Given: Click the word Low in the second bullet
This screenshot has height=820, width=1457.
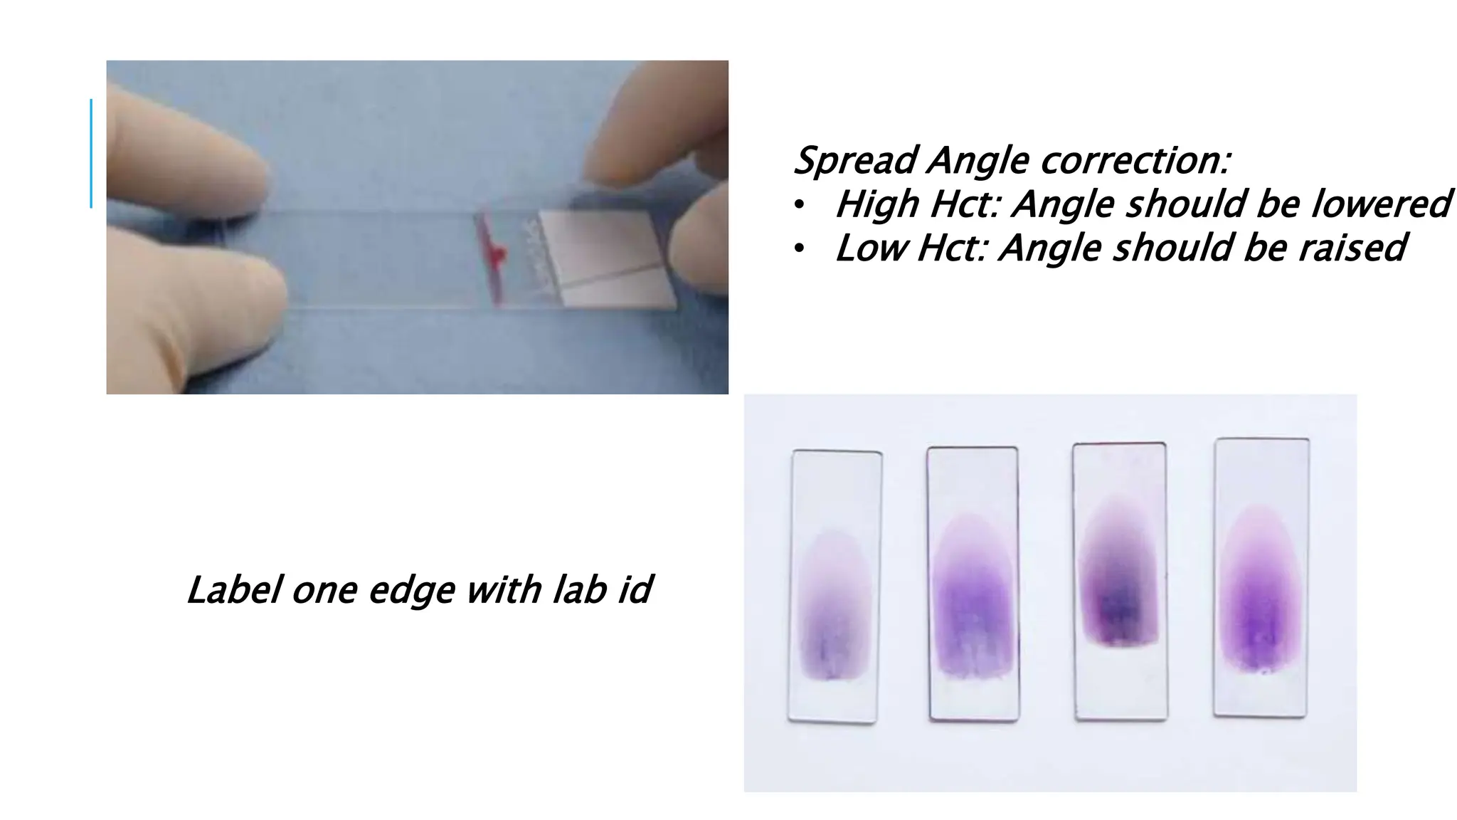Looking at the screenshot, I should [870, 248].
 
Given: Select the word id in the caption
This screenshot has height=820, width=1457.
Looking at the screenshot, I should [634, 590].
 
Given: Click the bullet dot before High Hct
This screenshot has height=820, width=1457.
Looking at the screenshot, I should [799, 206].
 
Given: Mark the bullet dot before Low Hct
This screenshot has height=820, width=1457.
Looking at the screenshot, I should [799, 249].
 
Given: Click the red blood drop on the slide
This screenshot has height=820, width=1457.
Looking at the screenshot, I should [497, 253].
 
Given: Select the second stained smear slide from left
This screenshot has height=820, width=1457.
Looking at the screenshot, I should [973, 584].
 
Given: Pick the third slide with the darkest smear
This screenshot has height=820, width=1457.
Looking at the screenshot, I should [1119, 581].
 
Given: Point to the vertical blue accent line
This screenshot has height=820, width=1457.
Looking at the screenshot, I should [91, 153].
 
